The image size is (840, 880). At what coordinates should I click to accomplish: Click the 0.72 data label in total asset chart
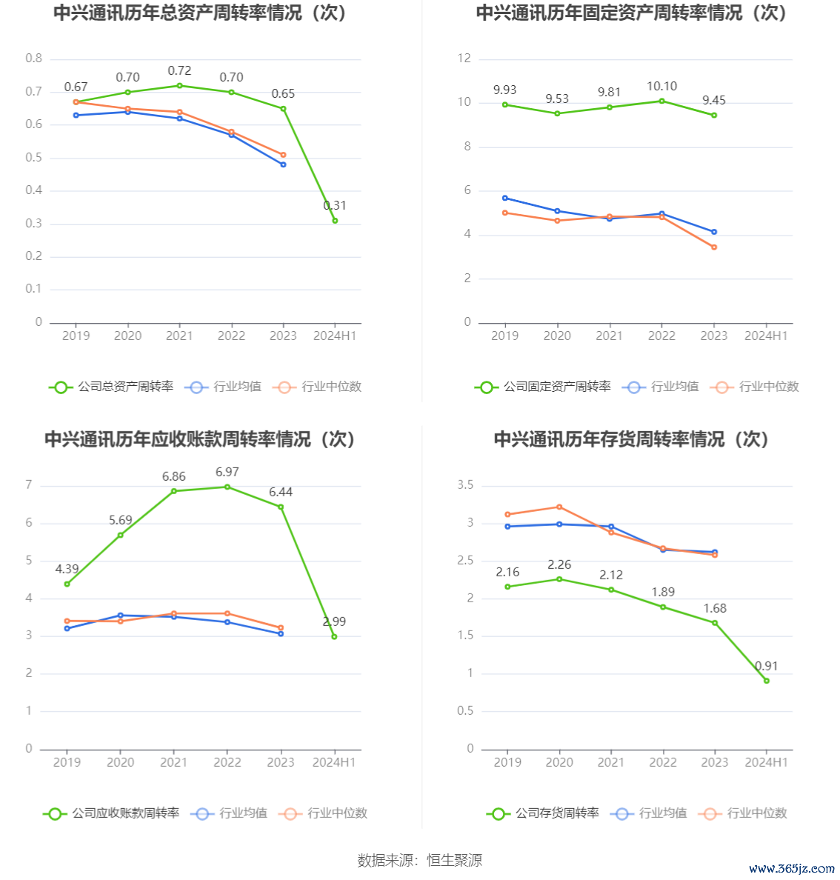tap(179, 71)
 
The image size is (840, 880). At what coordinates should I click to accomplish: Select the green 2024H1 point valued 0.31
tap(335, 221)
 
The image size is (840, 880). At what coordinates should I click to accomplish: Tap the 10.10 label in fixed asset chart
tap(661, 87)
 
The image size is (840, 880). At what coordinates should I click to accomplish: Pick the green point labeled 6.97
tap(227, 487)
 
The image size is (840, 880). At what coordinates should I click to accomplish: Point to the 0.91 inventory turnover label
tap(767, 667)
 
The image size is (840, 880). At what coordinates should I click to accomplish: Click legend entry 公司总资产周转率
tap(112, 387)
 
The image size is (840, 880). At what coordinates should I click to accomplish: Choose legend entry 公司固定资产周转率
tap(544, 387)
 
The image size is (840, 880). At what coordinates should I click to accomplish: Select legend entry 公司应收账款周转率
tap(112, 813)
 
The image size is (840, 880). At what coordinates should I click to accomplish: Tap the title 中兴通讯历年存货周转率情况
tap(632, 439)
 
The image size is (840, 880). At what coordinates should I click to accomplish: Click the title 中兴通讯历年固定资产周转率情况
tap(632, 13)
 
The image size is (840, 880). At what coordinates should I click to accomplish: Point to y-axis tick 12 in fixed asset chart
tap(464, 59)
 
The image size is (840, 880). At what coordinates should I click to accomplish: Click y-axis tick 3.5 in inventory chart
tap(465, 485)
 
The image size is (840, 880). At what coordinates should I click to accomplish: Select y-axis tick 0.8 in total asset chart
tap(34, 59)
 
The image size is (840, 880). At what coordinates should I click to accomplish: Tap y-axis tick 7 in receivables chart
tap(29, 485)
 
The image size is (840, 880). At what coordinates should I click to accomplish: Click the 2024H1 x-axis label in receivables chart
tap(334, 762)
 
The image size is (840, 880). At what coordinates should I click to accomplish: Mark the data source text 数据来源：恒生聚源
tap(420, 860)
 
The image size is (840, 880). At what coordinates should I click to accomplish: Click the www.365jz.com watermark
tap(792, 868)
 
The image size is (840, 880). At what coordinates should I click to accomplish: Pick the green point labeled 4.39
tap(67, 584)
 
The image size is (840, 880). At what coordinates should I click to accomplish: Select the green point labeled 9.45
tap(714, 116)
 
